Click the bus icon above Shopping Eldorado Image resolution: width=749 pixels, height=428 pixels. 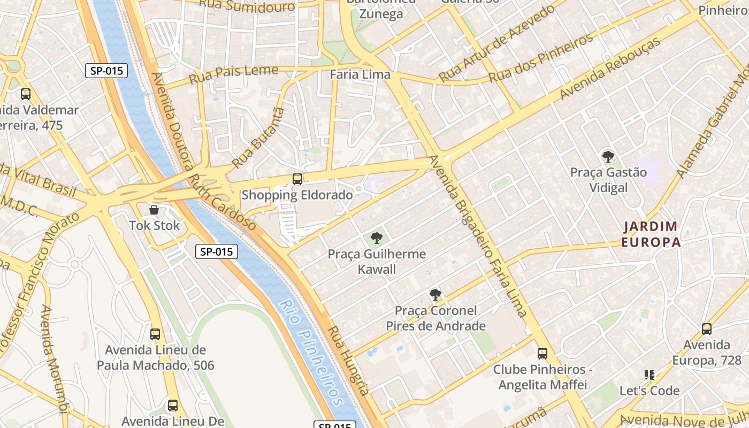(297, 179)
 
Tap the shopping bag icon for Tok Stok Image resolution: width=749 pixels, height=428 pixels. (154, 210)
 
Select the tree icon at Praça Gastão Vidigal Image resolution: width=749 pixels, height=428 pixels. (608, 157)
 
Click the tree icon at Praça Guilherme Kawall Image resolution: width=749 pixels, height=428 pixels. (377, 238)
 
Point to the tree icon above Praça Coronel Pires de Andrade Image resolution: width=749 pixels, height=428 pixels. (435, 295)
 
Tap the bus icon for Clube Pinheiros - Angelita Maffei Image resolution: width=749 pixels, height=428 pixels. (542, 354)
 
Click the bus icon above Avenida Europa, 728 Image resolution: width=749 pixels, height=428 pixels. (707, 329)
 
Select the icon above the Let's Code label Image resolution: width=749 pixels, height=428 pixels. (649, 375)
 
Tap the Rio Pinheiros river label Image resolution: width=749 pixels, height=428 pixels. (312, 353)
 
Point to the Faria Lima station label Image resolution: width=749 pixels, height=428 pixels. (360, 74)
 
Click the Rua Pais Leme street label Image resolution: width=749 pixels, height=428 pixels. (234, 75)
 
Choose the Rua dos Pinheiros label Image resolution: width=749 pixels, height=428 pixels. (541, 58)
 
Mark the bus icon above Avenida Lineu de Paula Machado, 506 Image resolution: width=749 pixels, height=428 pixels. (155, 334)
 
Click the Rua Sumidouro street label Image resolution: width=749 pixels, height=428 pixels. (247, 6)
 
